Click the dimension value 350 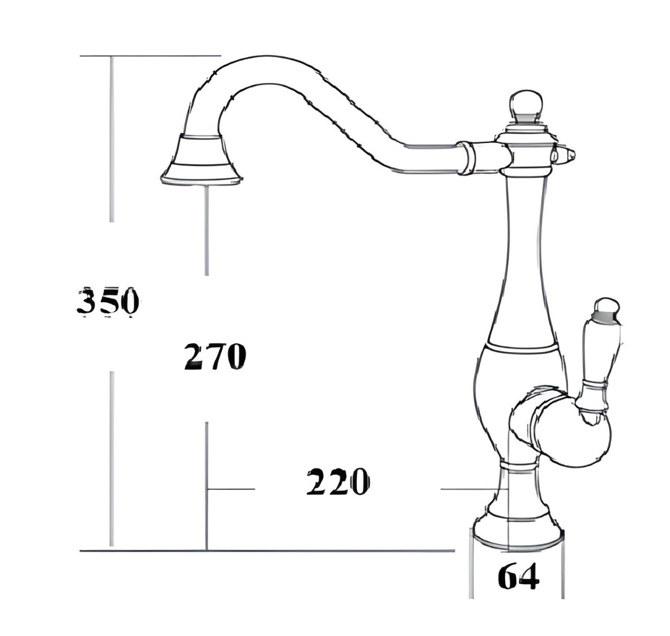pos(108,302)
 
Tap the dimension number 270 pos(214,356)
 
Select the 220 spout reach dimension pos(337,483)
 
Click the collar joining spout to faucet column pos(467,157)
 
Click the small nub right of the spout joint pos(566,154)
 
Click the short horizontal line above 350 pos(150,56)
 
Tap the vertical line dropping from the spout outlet pos(206,230)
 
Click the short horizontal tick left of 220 pos(231,489)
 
